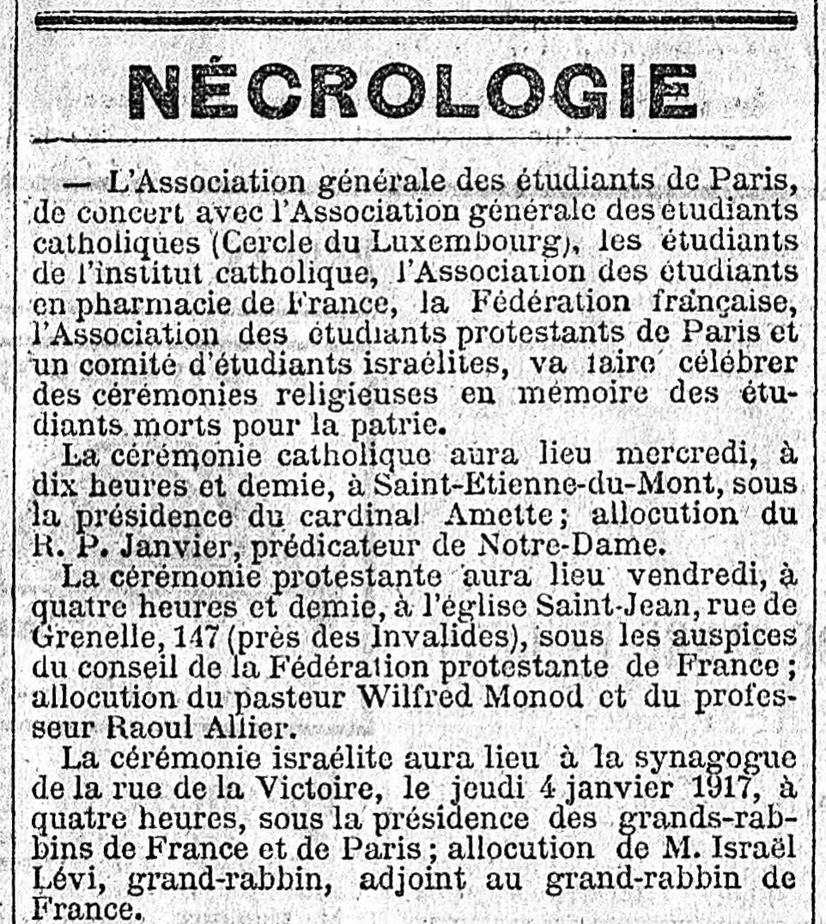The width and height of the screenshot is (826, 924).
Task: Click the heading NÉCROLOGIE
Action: click(x=412, y=91)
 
